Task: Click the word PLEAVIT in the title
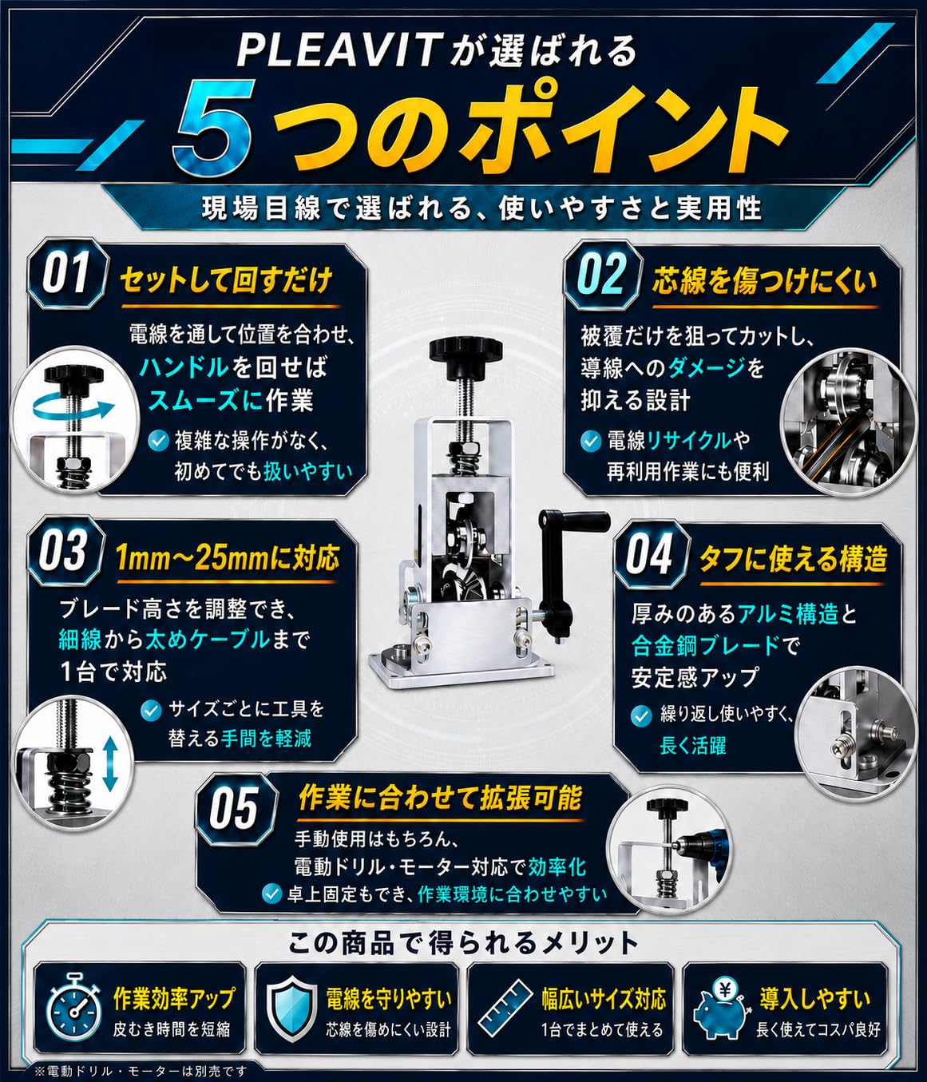click(x=337, y=51)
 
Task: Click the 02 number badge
click(x=603, y=275)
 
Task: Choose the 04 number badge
click(x=650, y=556)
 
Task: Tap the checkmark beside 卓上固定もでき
click(x=271, y=893)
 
